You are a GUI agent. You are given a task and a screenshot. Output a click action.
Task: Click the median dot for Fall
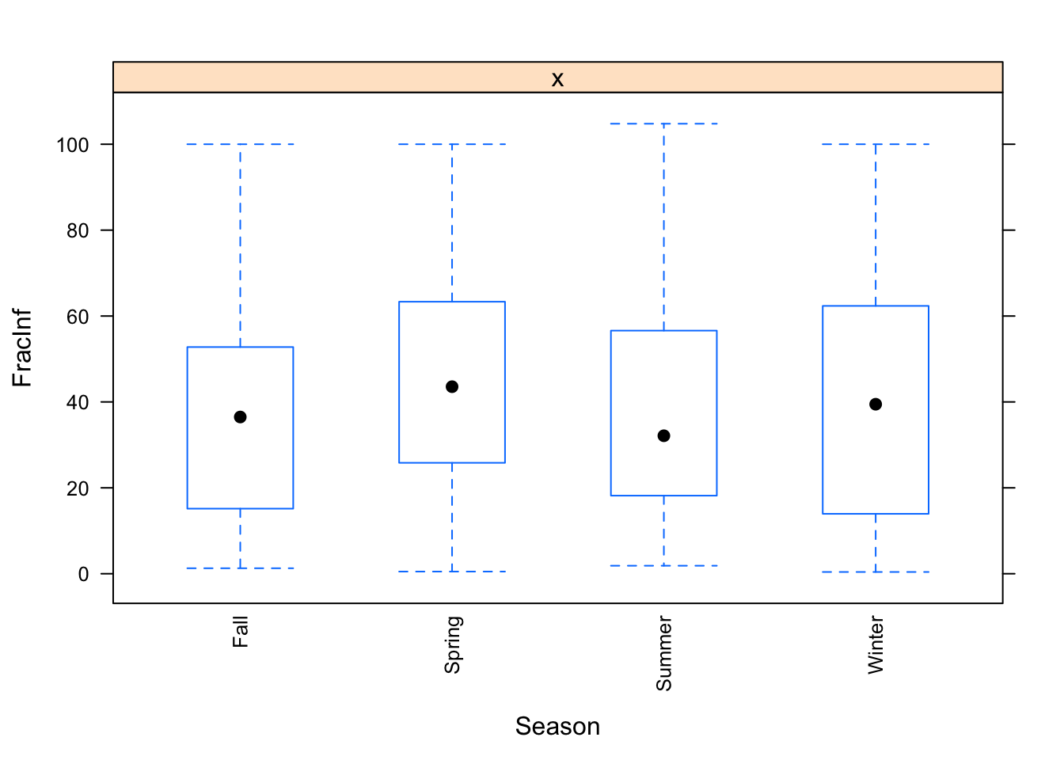tap(240, 417)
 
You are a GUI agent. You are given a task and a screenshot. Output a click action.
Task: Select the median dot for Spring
tap(452, 387)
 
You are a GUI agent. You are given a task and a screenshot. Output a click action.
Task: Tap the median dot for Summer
tap(663, 436)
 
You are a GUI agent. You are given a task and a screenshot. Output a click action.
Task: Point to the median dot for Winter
tap(876, 405)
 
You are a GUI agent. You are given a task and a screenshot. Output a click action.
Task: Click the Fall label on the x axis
tap(241, 633)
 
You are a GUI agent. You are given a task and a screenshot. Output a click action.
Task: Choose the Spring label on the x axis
tap(453, 645)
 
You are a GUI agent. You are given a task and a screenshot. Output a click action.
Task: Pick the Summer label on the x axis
tap(664, 654)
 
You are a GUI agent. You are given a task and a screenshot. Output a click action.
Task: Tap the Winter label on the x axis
tap(876, 645)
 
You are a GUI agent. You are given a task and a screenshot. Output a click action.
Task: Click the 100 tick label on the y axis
tap(72, 145)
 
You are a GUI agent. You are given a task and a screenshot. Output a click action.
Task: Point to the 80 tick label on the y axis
tap(78, 230)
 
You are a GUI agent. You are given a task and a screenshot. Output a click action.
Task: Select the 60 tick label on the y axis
tap(78, 317)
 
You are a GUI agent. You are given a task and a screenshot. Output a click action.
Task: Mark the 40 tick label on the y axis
tap(78, 402)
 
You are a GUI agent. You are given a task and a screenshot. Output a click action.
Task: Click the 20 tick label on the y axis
tap(78, 488)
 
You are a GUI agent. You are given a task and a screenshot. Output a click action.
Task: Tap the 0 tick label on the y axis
tap(84, 574)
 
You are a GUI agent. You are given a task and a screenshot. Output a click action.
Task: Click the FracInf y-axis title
tap(23, 348)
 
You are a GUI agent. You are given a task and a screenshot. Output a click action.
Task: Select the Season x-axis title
tap(557, 726)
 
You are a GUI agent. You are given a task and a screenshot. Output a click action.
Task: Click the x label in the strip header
tap(557, 78)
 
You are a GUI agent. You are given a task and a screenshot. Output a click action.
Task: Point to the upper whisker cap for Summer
tap(663, 124)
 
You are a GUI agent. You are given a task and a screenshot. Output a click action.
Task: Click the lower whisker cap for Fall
tap(240, 568)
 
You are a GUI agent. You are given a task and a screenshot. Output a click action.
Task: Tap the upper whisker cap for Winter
tap(876, 145)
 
